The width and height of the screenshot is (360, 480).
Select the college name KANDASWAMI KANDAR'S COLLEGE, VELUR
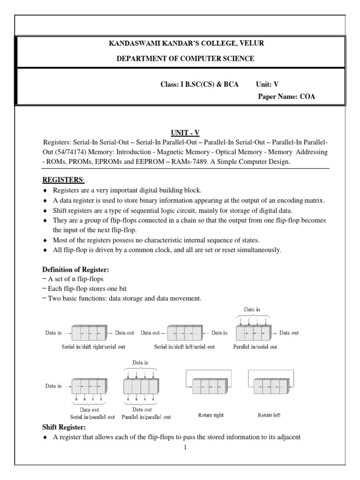pyautogui.click(x=180, y=44)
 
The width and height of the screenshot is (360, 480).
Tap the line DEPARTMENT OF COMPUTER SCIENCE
pyautogui.click(x=180, y=59)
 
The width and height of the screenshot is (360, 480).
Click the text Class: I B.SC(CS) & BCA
pyautogui.click(x=199, y=84)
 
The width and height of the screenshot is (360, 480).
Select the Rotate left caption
pyautogui.click(x=269, y=415)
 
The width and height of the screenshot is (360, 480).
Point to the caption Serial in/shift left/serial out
pyautogui.click(x=184, y=347)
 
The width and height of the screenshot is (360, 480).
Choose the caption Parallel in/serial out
pyautogui.click(x=255, y=347)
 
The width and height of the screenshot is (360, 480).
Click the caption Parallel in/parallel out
pyautogui.click(x=146, y=416)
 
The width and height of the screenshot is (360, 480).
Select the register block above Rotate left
pyautogui.click(x=270, y=388)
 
